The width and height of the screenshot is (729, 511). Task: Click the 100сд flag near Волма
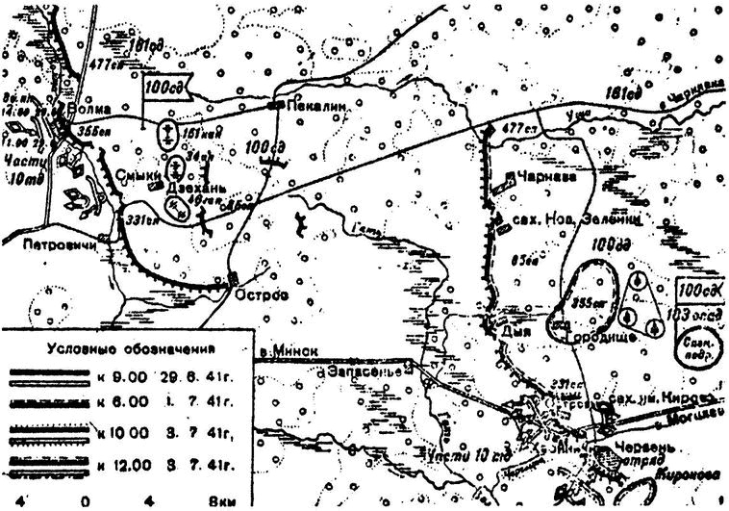pyautogui.click(x=159, y=88)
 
